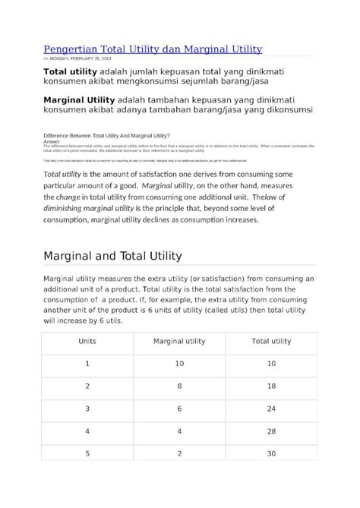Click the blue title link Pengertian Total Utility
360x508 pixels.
(152, 49)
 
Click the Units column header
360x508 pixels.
(87, 341)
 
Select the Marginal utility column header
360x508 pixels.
(179, 341)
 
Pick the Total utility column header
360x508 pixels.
(270, 341)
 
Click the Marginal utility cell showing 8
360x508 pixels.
(179, 386)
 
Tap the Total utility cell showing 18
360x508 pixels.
(270, 386)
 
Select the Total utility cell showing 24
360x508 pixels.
(270, 409)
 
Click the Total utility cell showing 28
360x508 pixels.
(270, 431)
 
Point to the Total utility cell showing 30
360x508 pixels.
(270, 454)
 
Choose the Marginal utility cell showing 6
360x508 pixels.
(179, 409)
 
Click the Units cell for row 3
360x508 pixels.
(87, 409)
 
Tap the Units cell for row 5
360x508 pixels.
(87, 454)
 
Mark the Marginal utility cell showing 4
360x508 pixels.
(179, 431)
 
